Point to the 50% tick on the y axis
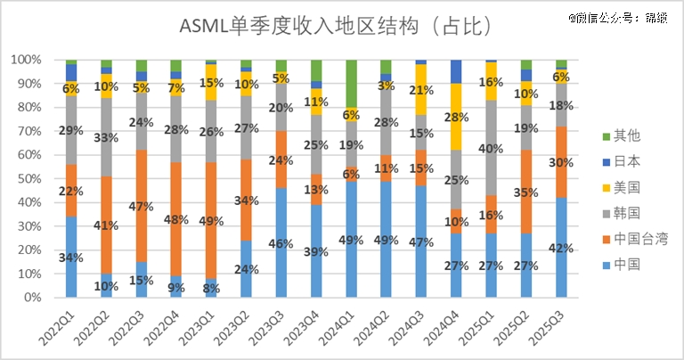tap(35, 178)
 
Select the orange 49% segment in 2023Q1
tap(211, 220)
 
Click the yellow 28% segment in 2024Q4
tap(456, 117)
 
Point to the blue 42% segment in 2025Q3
tap(561, 248)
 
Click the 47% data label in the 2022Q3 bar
tap(141, 205)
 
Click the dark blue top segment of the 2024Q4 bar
tap(456, 71)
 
